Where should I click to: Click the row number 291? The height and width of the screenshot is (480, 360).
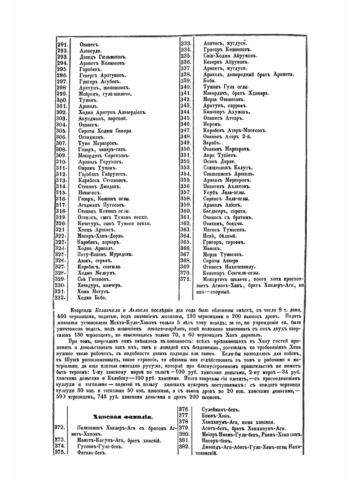tap(63, 45)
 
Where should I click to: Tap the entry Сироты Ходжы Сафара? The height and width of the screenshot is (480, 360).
tap(105, 131)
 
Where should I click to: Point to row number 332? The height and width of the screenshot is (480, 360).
tap(59, 297)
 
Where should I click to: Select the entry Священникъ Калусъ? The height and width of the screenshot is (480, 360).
tap(228, 168)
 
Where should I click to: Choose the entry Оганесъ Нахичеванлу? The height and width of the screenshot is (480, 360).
tap(229, 267)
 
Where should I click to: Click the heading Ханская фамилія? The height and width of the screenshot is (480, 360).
tap(123, 417)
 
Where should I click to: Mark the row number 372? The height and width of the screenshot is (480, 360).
tap(60, 427)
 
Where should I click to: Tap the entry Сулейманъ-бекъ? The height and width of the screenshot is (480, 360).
tap(221, 409)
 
